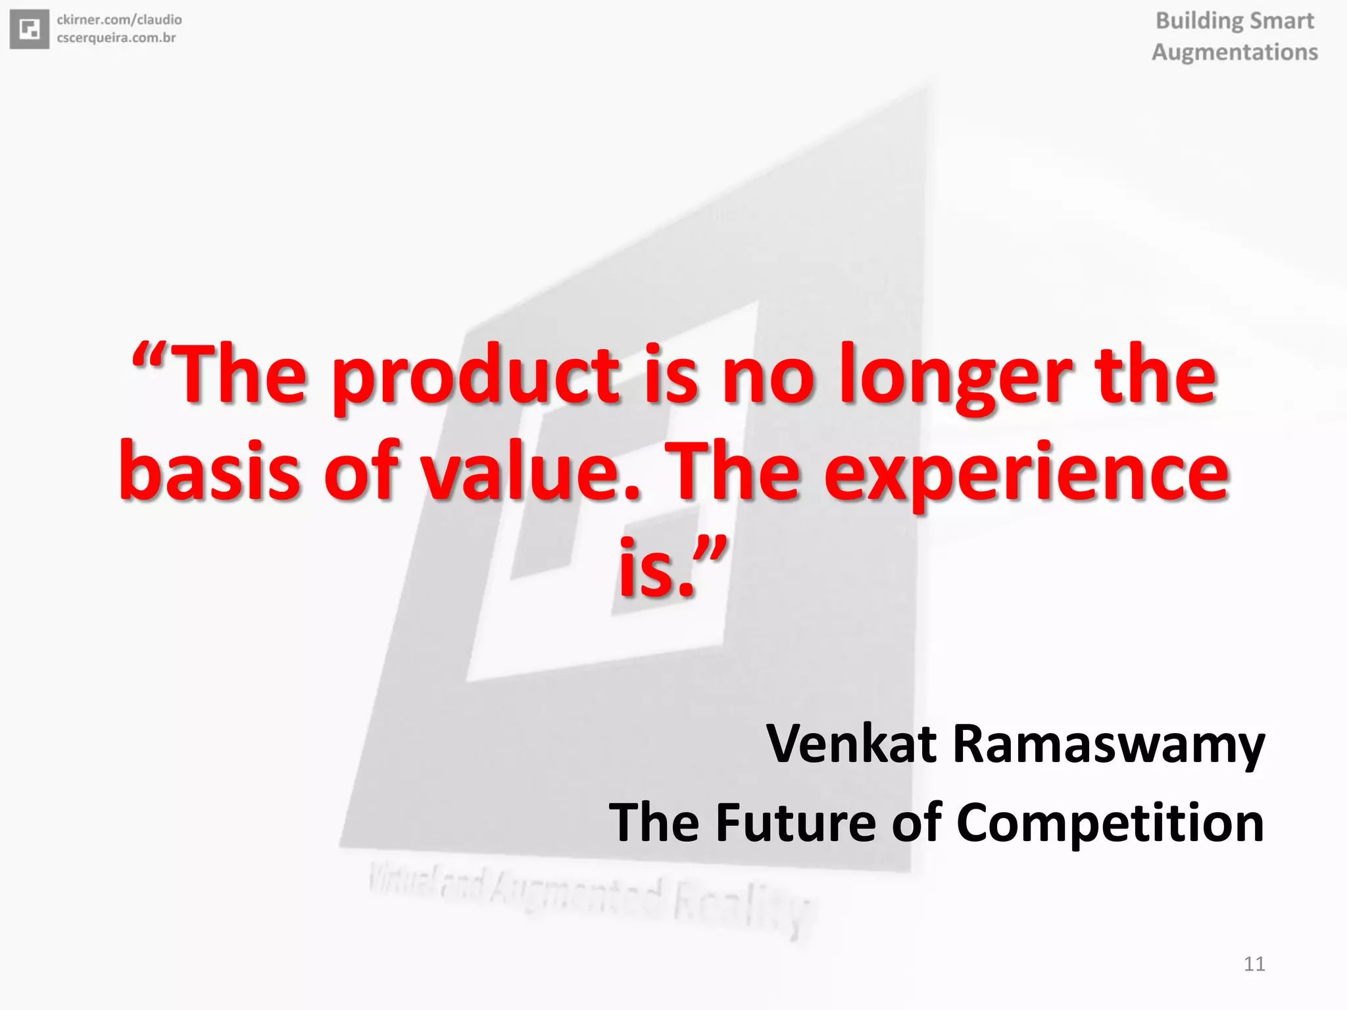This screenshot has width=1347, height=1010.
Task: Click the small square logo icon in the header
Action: click(x=30, y=30)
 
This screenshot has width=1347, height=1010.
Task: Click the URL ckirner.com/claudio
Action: click(x=119, y=20)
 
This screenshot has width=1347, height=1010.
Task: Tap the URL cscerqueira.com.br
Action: click(x=116, y=37)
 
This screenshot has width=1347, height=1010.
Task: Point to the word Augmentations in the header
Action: click(x=1235, y=52)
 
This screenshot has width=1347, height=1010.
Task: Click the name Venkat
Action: click(x=851, y=744)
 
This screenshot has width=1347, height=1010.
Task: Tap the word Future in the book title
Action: click(x=796, y=823)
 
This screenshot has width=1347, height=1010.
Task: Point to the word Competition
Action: click(x=1110, y=824)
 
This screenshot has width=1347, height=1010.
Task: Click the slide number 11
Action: click(x=1254, y=964)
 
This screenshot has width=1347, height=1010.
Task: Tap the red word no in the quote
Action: click(x=768, y=377)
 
